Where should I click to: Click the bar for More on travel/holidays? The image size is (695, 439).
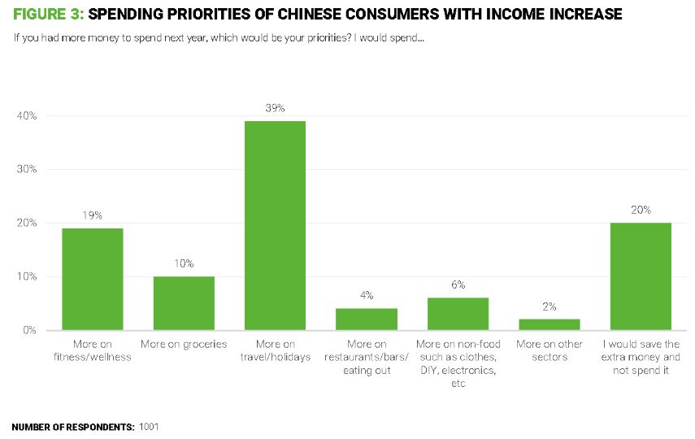(x=275, y=225)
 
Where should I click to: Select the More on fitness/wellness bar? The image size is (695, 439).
(x=92, y=279)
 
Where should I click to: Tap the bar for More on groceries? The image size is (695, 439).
(x=184, y=303)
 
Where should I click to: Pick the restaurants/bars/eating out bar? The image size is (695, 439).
(x=367, y=319)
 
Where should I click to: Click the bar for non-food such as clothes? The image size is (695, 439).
(x=458, y=314)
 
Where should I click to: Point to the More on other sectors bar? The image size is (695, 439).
(x=549, y=324)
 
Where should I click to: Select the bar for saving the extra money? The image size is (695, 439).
(x=641, y=276)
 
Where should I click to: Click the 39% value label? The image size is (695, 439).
(x=275, y=108)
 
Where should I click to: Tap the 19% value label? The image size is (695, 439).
(x=92, y=215)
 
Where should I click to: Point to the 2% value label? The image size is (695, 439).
(x=549, y=306)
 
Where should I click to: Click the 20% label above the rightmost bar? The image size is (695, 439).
(x=641, y=210)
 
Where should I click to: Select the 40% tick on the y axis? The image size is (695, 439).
(x=27, y=116)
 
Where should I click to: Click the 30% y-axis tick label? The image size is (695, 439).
(x=27, y=170)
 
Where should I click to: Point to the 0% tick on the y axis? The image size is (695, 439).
(x=29, y=331)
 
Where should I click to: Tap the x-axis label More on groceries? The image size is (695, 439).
(x=184, y=345)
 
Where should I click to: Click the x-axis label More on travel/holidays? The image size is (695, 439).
(x=275, y=351)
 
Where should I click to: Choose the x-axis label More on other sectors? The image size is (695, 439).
(x=549, y=351)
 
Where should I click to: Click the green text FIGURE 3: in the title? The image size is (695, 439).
(x=48, y=14)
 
